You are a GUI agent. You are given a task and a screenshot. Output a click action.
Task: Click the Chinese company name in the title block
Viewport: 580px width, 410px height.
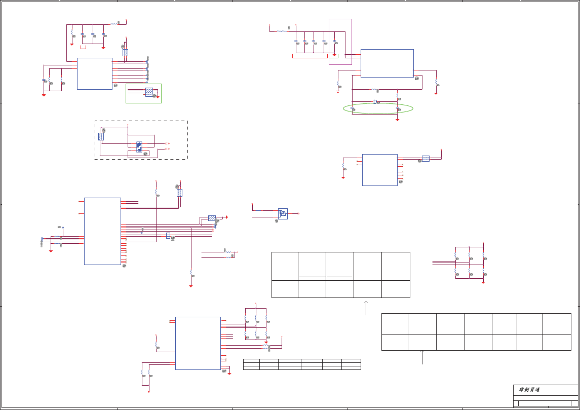(529, 390)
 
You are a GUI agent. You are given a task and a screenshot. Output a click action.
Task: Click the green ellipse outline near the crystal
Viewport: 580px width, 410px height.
(378, 108)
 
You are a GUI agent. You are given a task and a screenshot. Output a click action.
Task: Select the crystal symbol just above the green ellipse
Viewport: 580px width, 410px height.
(375, 102)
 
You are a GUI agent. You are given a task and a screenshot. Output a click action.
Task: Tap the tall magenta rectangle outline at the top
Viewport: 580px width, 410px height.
(340, 42)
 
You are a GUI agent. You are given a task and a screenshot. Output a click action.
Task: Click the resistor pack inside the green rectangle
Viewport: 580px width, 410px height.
(149, 92)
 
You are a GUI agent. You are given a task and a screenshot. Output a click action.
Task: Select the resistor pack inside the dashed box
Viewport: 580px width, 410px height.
(101, 136)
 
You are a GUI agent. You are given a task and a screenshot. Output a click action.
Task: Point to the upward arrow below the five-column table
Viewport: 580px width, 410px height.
(366, 308)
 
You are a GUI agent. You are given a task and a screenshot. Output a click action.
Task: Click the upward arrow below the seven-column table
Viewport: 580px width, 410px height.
(422, 357)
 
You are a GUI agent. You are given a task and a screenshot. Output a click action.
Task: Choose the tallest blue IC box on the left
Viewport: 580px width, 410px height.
(102, 231)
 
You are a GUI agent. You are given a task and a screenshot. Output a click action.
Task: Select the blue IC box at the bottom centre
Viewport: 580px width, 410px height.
(198, 343)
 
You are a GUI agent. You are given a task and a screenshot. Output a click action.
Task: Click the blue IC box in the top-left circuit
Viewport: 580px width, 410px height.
(94, 73)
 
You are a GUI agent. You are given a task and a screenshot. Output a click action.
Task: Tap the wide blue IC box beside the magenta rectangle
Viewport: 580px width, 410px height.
(387, 63)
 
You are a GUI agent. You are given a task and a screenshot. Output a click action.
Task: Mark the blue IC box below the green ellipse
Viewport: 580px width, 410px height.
(379, 170)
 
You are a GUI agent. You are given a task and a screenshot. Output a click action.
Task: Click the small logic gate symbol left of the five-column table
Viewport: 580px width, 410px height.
(283, 213)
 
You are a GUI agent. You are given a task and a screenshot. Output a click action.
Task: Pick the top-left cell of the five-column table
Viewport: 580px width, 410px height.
(285, 266)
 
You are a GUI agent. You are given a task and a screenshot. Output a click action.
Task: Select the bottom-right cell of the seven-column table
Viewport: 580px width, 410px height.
(557, 342)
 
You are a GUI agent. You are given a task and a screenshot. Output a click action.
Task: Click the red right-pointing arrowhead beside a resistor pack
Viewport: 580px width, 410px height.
(226, 217)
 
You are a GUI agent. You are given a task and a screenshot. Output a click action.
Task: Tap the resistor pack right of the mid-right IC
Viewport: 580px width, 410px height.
(426, 159)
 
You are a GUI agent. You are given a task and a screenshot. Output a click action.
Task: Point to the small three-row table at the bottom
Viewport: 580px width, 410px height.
(302, 364)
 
